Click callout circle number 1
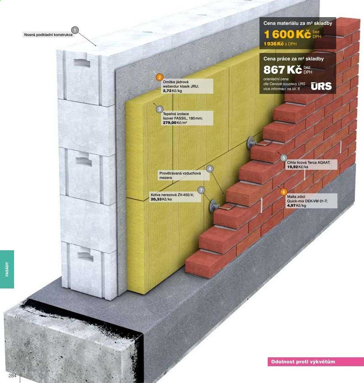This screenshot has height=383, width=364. coord(75,30)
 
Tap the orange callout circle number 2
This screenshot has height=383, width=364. coord(160,77)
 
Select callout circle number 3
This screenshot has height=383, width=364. coord(160,109)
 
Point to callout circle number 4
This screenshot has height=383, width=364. coord(210,169)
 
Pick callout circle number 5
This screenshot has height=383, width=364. coord(284,158)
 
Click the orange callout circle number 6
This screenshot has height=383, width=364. coord(284,192)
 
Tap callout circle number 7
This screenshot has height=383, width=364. coord(201,190)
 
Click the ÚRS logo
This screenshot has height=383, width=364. coord(321,86)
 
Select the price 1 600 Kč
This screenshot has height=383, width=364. coord(288,34)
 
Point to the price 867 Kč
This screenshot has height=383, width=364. coord(283,69)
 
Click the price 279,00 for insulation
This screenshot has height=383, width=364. coord(170,123)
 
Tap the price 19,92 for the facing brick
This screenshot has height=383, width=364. coord(292,167)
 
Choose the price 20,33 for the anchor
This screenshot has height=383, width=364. coord(156,199)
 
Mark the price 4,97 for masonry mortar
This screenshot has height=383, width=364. coord(291,206)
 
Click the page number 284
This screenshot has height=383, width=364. coord(13,376)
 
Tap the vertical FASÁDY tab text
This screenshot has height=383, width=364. coord(7,269)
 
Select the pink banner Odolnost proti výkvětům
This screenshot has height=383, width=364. coord(316,362)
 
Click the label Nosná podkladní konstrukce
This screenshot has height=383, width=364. coord(48,35)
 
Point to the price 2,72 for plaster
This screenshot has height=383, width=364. coord(167,91)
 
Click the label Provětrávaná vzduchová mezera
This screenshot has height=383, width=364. coord(180,175)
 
